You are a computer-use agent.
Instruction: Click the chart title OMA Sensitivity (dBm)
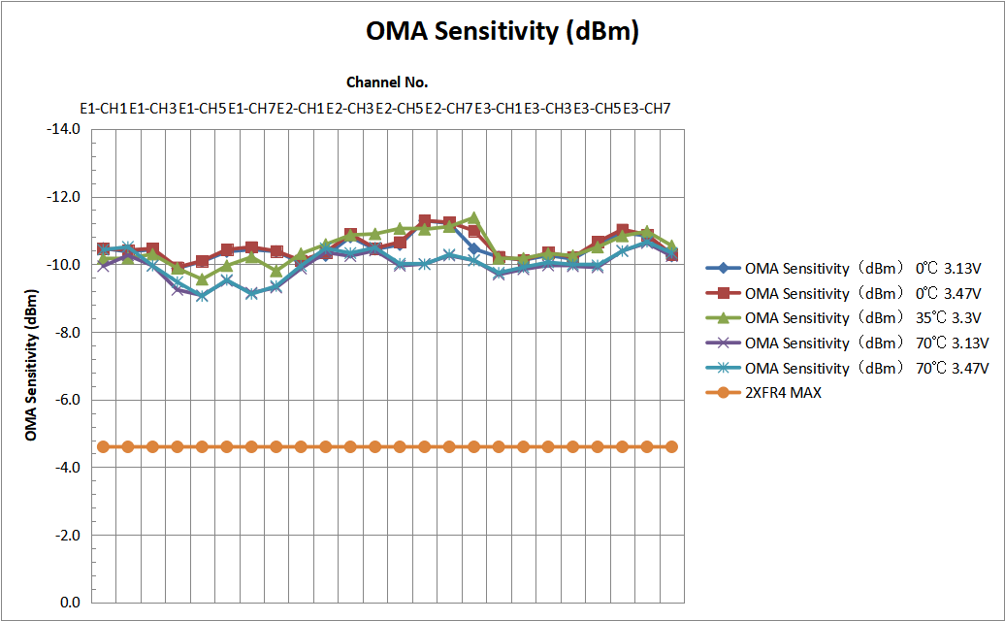click(502, 31)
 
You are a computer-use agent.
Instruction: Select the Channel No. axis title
click(387, 82)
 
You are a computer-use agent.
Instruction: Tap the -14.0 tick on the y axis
click(63, 129)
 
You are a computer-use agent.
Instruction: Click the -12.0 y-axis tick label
click(63, 197)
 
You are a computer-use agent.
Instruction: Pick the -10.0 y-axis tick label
click(63, 265)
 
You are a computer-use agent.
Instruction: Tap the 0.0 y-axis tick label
click(69, 603)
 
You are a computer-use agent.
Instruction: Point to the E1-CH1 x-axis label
click(104, 108)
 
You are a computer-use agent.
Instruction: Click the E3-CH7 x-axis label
click(647, 108)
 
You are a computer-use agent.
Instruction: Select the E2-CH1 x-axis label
click(302, 108)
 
